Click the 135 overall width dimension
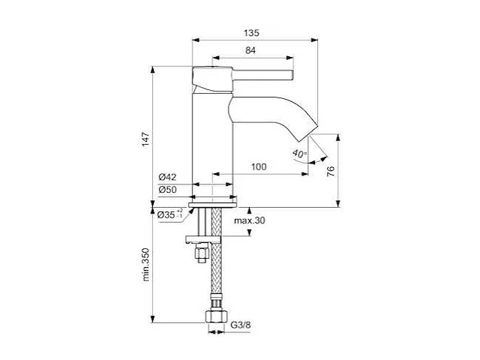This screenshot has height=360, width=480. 251,33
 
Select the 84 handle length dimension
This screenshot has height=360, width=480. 251,51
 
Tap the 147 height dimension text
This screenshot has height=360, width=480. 146,138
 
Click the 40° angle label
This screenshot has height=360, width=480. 300,154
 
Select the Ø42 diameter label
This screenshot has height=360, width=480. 166,177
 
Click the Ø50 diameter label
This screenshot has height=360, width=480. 166,190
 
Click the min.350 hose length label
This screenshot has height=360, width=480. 146,266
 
